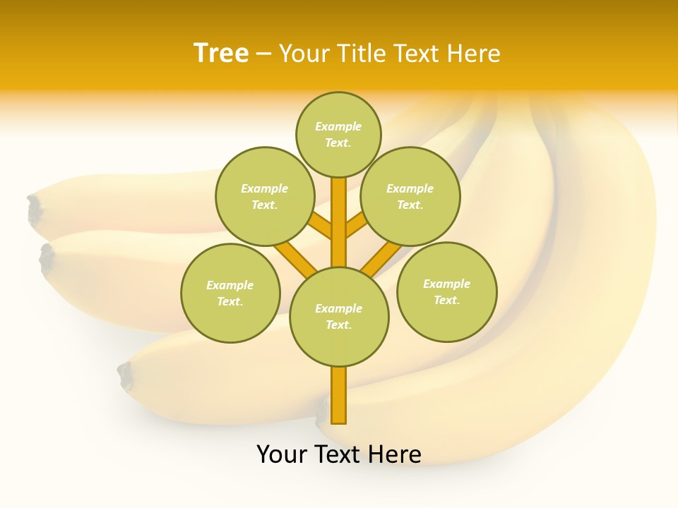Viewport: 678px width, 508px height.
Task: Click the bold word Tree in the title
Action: [x=221, y=54]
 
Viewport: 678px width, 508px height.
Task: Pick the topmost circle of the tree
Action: [x=338, y=134]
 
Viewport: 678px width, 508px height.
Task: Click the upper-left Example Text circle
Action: [x=264, y=196]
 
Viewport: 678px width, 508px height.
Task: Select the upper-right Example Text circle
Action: [x=410, y=196]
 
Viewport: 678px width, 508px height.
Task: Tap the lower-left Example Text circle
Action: [x=230, y=293]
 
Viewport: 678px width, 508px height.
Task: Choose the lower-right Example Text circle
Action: [x=446, y=291]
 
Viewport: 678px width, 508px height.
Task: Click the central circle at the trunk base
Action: [x=339, y=317]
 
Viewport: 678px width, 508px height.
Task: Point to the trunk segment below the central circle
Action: [x=339, y=395]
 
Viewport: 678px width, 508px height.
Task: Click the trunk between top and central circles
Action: [x=339, y=222]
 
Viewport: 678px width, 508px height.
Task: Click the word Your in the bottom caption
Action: [x=282, y=454]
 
